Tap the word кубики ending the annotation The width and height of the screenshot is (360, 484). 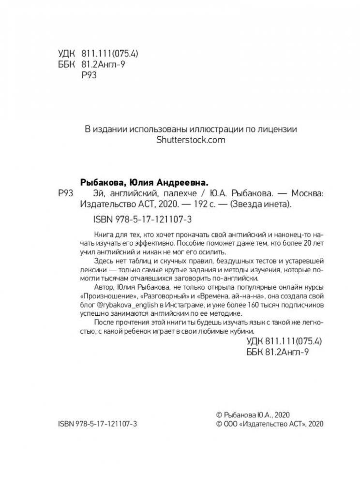[x=238, y=332]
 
